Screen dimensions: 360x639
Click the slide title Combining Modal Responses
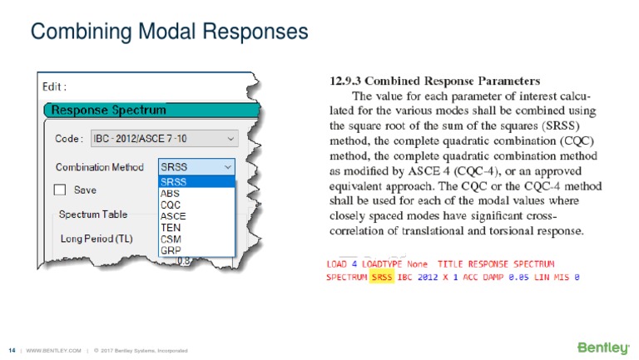coord(169,32)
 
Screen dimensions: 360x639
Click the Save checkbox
coord(60,190)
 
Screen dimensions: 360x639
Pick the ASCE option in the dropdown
coord(172,216)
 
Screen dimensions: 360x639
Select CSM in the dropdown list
coord(170,238)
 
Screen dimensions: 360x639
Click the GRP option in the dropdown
coord(170,249)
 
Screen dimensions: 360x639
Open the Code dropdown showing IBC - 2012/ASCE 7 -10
coord(162,137)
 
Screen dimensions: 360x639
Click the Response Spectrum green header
coord(108,110)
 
